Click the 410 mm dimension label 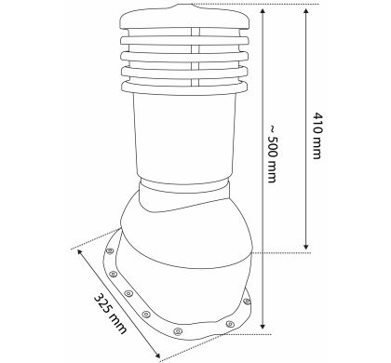317,136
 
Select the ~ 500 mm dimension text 272,154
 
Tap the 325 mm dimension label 110,314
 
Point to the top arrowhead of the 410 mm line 306,13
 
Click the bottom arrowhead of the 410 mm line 306,246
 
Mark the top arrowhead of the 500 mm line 263,13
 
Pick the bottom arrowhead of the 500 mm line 263,326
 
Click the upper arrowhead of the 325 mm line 80,252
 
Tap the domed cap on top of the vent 184,17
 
